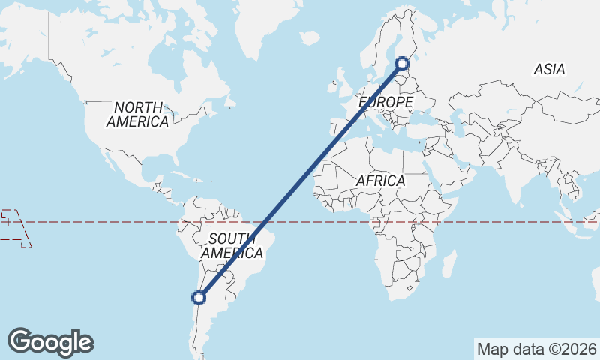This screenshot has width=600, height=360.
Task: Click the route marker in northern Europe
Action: [402, 64]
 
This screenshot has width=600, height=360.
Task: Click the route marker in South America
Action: [199, 298]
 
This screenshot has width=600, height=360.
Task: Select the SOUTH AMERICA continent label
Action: [232, 246]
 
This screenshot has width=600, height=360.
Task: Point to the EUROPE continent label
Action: [385, 101]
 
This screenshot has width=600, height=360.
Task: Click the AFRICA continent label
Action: [380, 181]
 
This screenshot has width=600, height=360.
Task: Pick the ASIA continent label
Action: [549, 70]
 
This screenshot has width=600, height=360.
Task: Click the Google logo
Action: [50, 342]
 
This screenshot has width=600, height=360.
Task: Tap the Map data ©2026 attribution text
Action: [536, 349]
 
